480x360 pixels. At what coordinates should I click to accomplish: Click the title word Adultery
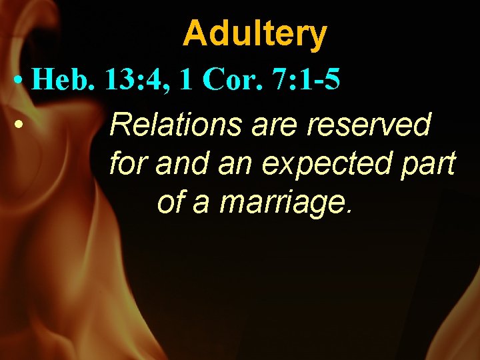255,33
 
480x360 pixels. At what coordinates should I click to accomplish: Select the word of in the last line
171,201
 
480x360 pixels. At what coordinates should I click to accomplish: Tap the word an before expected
233,164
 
